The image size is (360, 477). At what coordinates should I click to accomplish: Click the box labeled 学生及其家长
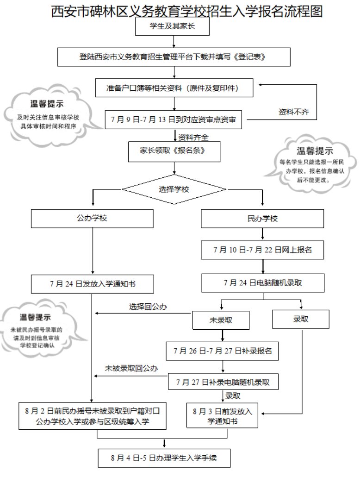(x=172, y=26)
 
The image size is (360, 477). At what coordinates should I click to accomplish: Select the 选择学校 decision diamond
(x=174, y=189)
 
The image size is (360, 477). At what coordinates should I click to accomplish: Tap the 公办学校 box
(x=92, y=218)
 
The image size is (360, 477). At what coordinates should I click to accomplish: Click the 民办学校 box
(x=262, y=219)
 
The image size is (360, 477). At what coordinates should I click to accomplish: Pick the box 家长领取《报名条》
(x=174, y=151)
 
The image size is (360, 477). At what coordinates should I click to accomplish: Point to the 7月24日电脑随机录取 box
(x=262, y=282)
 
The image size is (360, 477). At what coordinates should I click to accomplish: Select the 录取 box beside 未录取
(x=301, y=319)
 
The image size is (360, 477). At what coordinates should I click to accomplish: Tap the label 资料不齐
(x=293, y=112)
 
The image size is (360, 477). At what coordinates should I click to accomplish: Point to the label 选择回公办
(x=148, y=307)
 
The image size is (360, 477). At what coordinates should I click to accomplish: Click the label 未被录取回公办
(x=131, y=369)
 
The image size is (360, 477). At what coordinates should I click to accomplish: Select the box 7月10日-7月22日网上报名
(x=262, y=250)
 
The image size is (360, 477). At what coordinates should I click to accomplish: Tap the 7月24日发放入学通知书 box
(x=93, y=284)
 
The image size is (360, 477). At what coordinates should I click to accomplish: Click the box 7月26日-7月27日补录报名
(x=223, y=351)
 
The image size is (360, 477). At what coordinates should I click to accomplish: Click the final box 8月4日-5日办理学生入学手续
(x=164, y=458)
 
